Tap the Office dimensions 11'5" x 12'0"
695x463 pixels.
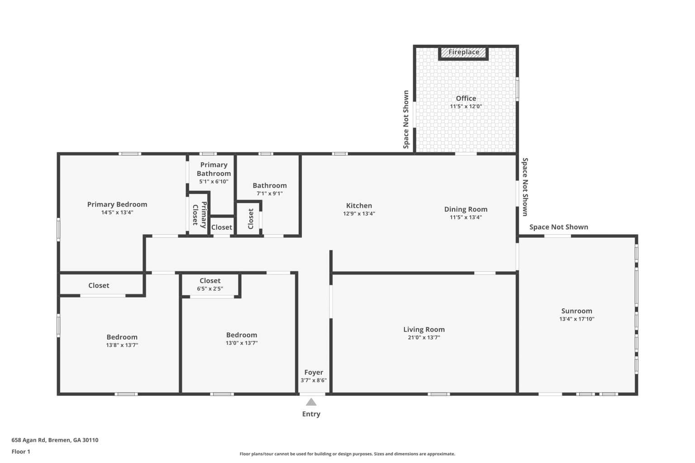click(x=466, y=106)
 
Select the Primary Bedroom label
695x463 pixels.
click(x=117, y=204)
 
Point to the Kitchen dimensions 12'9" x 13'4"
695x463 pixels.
click(x=359, y=214)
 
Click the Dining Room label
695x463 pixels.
click(x=466, y=209)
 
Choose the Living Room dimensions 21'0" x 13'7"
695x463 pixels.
click(x=424, y=338)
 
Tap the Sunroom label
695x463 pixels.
click(x=577, y=311)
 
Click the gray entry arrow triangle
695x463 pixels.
click(x=311, y=402)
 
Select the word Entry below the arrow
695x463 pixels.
click(x=311, y=414)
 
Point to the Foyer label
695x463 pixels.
click(x=314, y=373)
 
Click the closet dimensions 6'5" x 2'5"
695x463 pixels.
click(x=210, y=289)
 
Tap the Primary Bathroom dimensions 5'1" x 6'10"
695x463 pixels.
click(x=214, y=181)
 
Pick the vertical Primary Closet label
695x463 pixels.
click(x=200, y=215)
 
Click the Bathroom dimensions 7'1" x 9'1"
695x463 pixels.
click(x=270, y=194)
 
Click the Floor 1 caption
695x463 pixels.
click(x=21, y=452)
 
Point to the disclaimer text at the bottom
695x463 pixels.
click(x=347, y=454)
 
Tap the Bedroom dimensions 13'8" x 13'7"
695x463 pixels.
click(x=122, y=345)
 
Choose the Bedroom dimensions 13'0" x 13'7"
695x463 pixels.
click(x=242, y=343)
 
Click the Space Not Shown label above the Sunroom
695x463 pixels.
click(x=559, y=227)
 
